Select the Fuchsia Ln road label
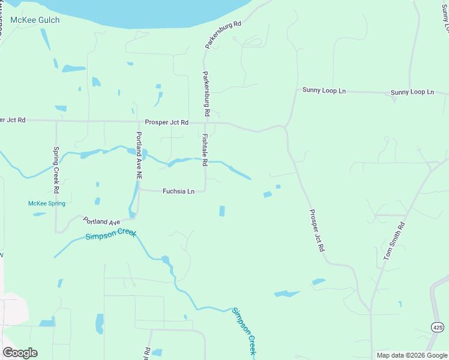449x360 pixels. (x=178, y=191)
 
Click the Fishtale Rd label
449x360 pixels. (x=205, y=149)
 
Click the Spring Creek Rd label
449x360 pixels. (x=56, y=170)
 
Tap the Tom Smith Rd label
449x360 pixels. (x=394, y=241)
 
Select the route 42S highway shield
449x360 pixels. (x=438, y=327)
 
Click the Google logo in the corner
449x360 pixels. (x=20, y=352)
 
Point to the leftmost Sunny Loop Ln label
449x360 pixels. (x=324, y=91)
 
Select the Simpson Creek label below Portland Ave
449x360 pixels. (x=110, y=235)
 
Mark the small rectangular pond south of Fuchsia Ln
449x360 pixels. (x=222, y=211)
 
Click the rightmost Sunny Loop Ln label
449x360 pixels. (x=412, y=92)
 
